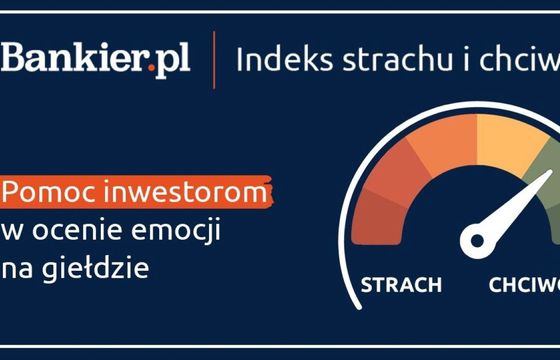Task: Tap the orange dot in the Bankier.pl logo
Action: pyautogui.click(x=151, y=72)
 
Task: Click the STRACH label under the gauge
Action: pyautogui.click(x=401, y=286)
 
